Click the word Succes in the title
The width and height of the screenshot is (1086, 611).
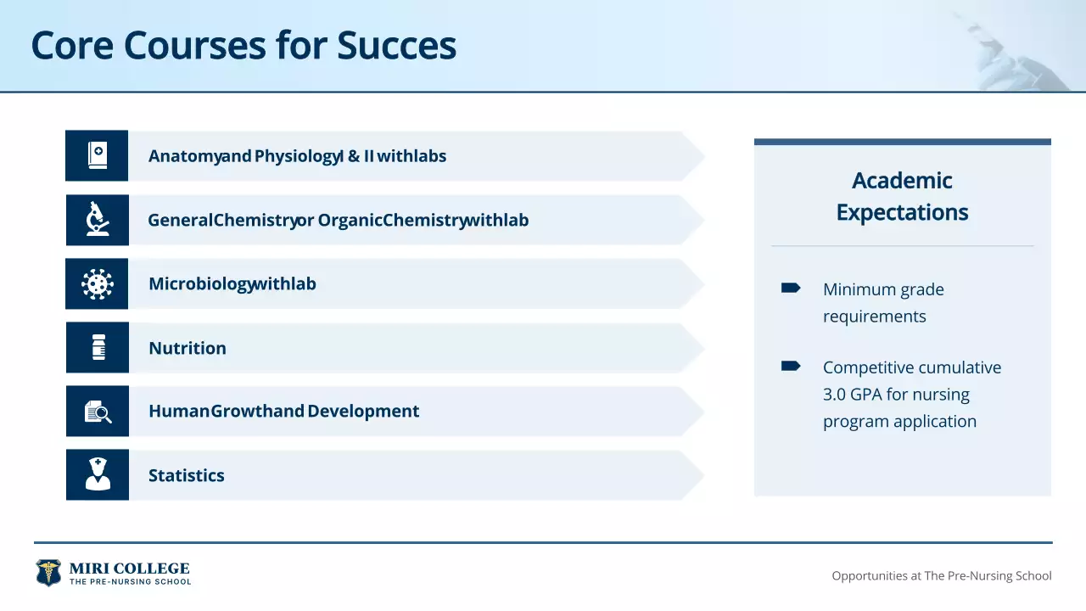click(x=396, y=46)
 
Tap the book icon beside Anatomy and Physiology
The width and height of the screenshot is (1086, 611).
click(x=98, y=155)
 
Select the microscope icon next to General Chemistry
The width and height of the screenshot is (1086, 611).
click(x=98, y=219)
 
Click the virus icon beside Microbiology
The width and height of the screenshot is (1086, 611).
click(x=98, y=283)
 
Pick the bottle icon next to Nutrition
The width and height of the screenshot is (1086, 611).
click(x=98, y=347)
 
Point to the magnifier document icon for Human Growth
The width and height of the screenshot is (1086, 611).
click(x=98, y=412)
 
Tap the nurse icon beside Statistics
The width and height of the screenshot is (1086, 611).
click(x=98, y=474)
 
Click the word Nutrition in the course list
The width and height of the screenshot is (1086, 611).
click(x=188, y=348)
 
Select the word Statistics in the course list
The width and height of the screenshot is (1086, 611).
click(x=186, y=475)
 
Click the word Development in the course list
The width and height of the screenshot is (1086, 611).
click(x=363, y=412)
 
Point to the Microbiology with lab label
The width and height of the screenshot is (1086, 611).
click(x=232, y=284)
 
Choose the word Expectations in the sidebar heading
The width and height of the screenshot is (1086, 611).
click(x=902, y=212)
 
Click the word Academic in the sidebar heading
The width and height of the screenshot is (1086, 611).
click(x=902, y=181)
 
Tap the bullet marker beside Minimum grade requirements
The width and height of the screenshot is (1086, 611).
click(x=790, y=288)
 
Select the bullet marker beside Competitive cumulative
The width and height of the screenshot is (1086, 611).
click(x=790, y=366)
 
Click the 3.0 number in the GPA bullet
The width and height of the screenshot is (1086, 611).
click(x=834, y=395)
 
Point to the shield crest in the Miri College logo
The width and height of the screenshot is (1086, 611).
click(x=48, y=573)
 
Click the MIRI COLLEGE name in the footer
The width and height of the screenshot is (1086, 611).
click(x=130, y=569)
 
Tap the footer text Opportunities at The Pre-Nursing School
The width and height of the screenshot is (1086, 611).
click(x=942, y=575)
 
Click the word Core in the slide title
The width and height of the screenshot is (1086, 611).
click(x=72, y=46)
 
